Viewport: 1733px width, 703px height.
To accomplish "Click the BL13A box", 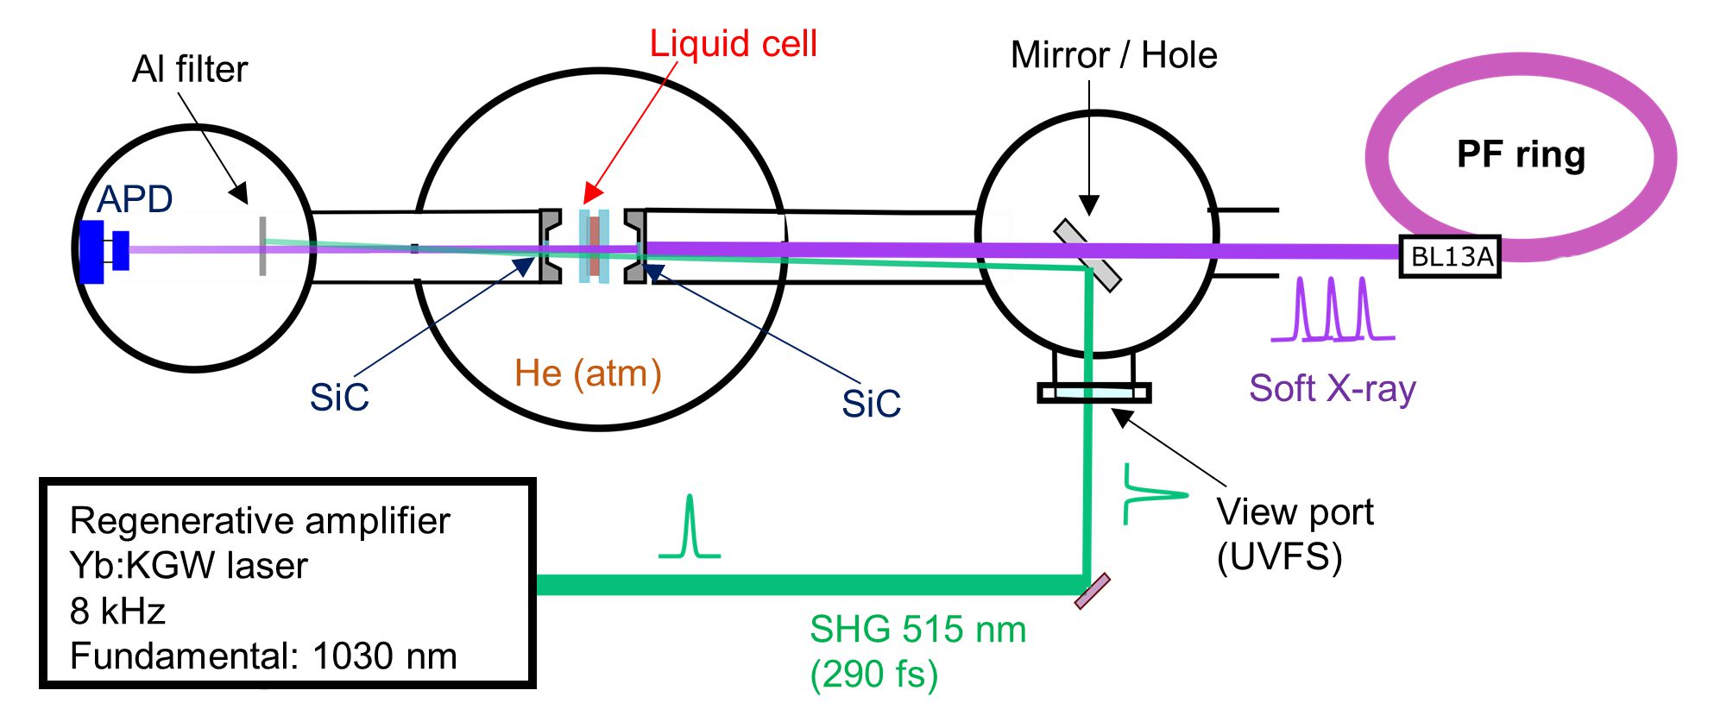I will [x=1450, y=256].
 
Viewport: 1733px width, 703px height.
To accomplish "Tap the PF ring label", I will [x=1521, y=154].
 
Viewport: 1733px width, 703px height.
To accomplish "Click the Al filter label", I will [x=190, y=69].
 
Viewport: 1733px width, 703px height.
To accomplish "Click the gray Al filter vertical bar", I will [x=262, y=247].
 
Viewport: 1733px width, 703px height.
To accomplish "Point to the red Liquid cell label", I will [x=733, y=43].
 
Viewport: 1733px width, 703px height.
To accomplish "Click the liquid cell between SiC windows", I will [x=594, y=246].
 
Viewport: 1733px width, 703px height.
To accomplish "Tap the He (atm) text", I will [x=588, y=373].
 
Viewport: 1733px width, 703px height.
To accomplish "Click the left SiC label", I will [x=339, y=398].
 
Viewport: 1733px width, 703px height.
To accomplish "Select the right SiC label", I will [x=871, y=403].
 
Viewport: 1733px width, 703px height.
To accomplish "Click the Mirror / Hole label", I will [x=1113, y=55].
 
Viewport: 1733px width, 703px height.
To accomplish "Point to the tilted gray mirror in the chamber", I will [x=1087, y=255].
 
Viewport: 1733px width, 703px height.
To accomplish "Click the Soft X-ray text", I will [x=1332, y=388].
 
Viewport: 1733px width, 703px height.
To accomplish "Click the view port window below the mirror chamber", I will [x=1093, y=393].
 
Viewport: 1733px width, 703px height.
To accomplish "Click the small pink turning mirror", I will [x=1092, y=592].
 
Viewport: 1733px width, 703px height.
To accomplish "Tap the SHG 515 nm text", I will [x=917, y=630].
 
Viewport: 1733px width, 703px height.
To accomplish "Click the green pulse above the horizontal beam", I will [x=689, y=528].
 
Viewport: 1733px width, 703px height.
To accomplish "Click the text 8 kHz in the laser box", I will [x=117, y=611].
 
